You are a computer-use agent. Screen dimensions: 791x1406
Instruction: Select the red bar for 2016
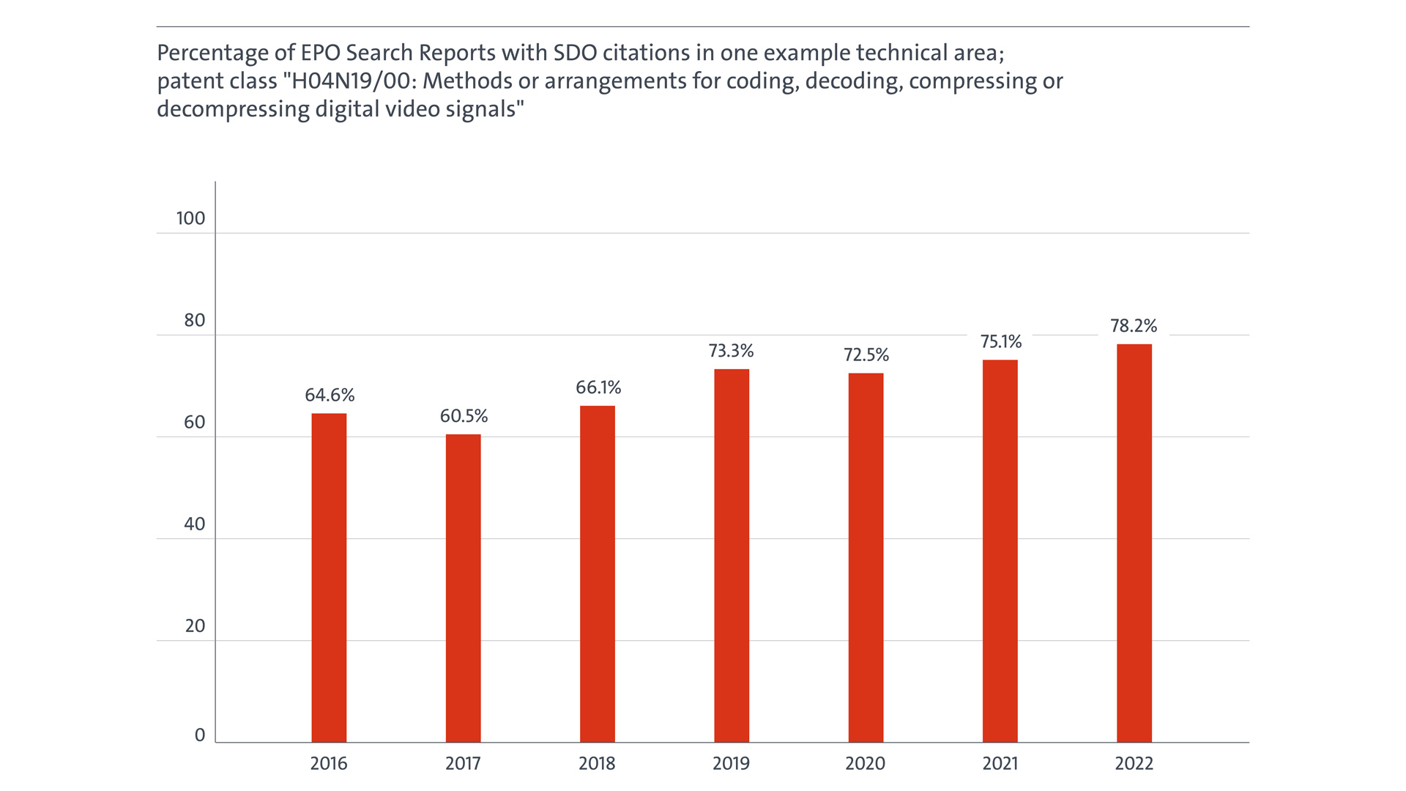point(329,578)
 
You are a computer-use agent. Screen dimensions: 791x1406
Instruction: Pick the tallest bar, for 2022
point(1134,543)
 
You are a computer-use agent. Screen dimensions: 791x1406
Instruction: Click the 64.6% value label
point(330,395)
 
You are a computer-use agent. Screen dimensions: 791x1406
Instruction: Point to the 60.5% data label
point(464,416)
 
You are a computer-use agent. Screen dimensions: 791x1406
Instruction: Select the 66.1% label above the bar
point(598,387)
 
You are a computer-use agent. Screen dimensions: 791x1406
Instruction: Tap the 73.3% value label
point(731,351)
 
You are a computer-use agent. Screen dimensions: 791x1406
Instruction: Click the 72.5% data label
point(866,355)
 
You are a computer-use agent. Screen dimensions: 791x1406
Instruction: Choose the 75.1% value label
point(1001,341)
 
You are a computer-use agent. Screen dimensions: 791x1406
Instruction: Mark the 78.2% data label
point(1134,326)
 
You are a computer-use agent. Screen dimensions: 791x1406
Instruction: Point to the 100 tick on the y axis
point(190,218)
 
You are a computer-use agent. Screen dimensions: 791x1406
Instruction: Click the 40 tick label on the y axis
point(195,524)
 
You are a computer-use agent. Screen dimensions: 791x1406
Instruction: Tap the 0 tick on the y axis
point(200,735)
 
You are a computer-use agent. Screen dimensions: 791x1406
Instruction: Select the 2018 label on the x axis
point(597,763)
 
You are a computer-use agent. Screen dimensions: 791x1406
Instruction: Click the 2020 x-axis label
point(866,763)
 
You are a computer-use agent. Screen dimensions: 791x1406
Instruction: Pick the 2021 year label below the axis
point(1000,763)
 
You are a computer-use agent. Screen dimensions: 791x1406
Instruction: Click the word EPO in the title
point(320,53)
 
